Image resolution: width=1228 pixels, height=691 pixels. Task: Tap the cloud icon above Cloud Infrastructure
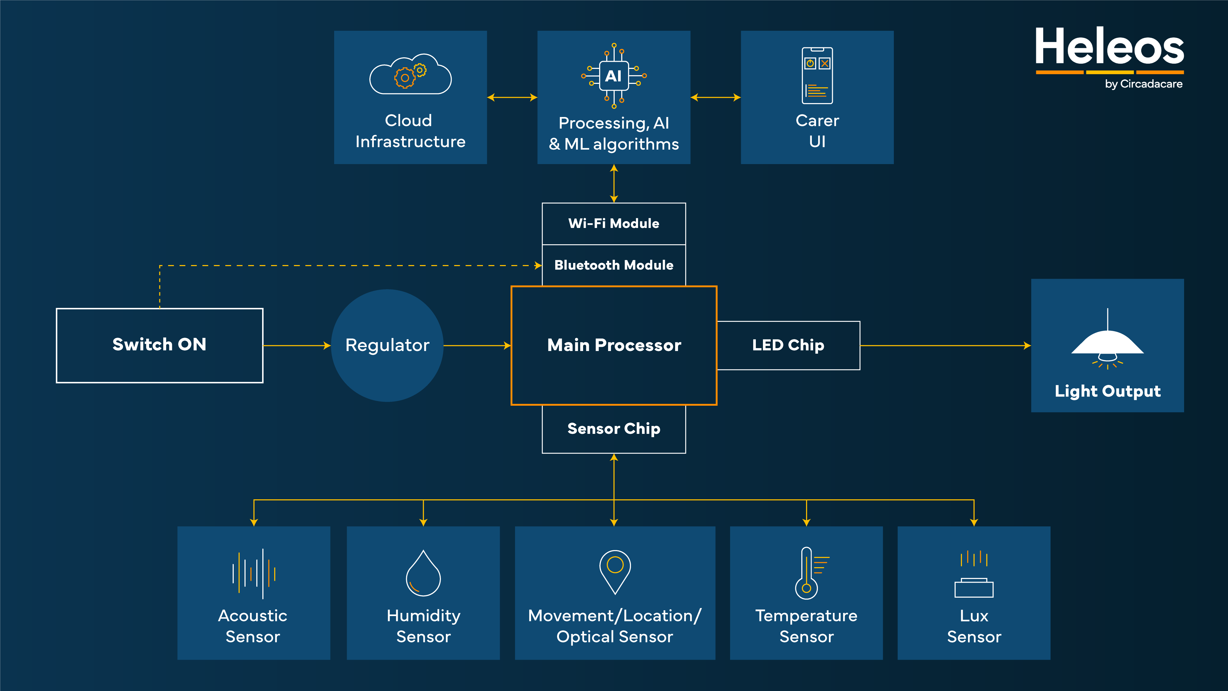(410, 75)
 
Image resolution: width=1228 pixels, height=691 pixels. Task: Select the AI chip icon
(614, 76)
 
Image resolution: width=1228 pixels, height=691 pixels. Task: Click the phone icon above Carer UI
(817, 75)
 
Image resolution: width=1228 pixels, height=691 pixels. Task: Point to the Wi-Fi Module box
(614, 224)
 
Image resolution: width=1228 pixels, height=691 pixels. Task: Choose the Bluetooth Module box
(614, 265)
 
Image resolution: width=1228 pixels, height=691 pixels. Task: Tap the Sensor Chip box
(614, 429)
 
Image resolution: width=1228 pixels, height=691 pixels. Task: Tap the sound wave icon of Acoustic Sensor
(254, 573)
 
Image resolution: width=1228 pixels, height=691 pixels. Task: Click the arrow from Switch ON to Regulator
(297, 345)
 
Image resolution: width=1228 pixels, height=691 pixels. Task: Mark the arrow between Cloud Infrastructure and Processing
(512, 97)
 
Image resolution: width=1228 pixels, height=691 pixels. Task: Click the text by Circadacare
(1144, 84)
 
